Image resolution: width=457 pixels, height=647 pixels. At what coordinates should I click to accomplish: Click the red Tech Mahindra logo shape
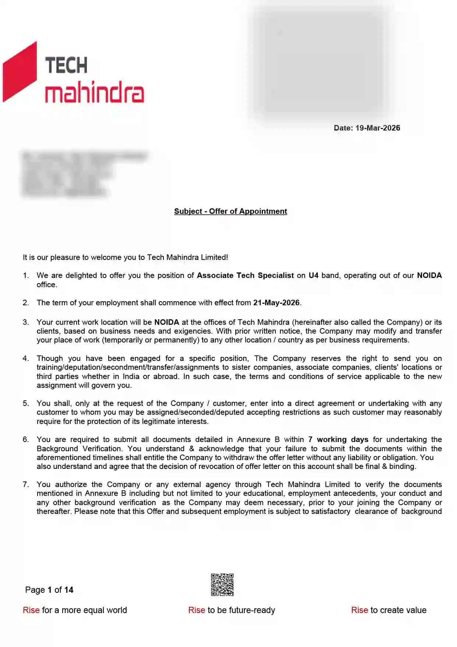pos(20,72)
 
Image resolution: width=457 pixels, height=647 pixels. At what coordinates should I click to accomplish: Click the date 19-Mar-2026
pos(377,128)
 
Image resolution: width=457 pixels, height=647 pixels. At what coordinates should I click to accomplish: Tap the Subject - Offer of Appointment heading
pos(231,211)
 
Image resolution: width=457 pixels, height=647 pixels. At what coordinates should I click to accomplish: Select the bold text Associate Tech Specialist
pos(245,275)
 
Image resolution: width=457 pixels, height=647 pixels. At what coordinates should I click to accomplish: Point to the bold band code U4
pos(313,275)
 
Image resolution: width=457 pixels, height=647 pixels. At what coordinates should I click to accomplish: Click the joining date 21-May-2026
pos(276,303)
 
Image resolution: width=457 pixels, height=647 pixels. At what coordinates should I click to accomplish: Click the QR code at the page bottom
pos(222,585)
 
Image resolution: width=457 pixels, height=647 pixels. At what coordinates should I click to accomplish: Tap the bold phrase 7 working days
pos(338,439)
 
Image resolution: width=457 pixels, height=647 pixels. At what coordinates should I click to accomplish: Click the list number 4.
pos(25,358)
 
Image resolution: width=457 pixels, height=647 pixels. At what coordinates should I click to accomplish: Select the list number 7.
pos(25,484)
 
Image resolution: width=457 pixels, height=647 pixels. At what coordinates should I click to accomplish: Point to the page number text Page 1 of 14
pos(49,590)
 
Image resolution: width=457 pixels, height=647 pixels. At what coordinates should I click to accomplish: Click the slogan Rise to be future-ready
pos(232,610)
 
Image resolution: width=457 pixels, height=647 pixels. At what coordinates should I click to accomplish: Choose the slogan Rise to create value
pos(389,610)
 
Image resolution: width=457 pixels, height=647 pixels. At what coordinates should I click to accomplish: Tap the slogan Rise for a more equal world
pos(75,610)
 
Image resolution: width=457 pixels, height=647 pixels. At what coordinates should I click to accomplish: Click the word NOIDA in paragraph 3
pos(166,322)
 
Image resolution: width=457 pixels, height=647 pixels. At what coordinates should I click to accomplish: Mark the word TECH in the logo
pos(66,66)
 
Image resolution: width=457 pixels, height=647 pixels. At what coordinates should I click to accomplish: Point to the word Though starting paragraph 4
pos(50,358)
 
